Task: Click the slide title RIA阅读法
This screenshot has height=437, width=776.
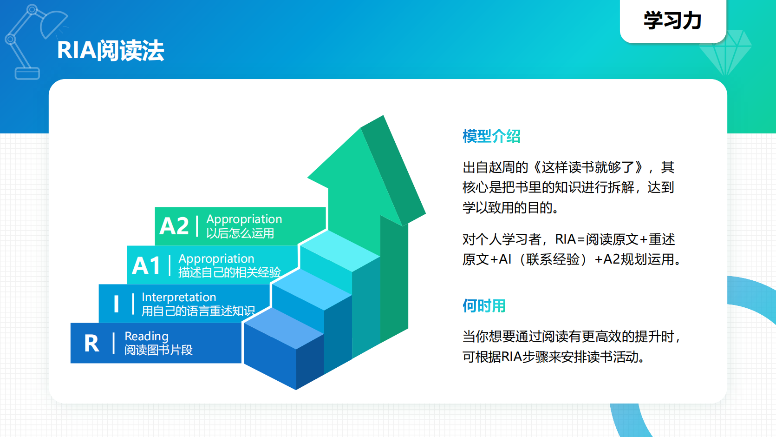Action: [111, 50]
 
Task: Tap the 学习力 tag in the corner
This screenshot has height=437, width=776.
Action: [672, 21]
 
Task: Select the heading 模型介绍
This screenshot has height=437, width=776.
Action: [491, 136]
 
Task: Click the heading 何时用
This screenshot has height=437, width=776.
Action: [484, 306]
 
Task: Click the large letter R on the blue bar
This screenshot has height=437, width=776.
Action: [91, 344]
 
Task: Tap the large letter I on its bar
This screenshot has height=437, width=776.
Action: [116, 305]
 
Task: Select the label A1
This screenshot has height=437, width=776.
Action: [146, 266]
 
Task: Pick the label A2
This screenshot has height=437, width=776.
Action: [174, 226]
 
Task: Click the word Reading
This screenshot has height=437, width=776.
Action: [146, 336]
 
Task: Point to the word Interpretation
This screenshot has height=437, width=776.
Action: [179, 297]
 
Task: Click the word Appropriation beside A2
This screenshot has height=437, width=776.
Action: [244, 219]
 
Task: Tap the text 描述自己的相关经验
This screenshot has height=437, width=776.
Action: [229, 272]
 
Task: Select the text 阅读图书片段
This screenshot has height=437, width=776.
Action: [158, 350]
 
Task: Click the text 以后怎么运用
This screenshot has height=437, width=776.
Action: [240, 233]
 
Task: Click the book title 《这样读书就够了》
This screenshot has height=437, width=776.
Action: [588, 167]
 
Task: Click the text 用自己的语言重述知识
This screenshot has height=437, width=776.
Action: [198, 311]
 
